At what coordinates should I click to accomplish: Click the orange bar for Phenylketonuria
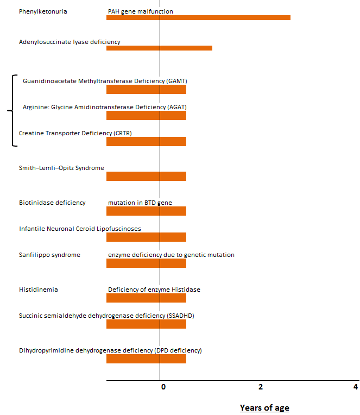point(198,17)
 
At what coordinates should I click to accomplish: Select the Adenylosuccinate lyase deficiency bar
point(159,48)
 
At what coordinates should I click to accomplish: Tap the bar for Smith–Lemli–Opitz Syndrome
point(146,176)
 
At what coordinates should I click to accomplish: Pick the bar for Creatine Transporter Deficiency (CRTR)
point(146,141)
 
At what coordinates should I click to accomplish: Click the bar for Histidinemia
point(146,298)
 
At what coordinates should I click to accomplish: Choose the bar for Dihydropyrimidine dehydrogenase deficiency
point(146,359)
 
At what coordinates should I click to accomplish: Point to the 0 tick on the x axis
point(163,387)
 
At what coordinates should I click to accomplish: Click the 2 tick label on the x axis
point(261,387)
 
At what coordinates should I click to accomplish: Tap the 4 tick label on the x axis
point(356,387)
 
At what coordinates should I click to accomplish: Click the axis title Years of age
point(264,408)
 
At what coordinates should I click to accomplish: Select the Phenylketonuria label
point(43,11)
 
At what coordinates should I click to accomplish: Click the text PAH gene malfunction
point(141,11)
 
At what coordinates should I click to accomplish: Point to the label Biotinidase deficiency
point(52,203)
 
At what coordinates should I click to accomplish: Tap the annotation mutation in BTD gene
point(140,203)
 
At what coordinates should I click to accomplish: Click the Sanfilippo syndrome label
point(49,255)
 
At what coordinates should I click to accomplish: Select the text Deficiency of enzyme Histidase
point(154,290)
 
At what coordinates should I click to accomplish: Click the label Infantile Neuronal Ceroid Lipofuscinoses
point(80,229)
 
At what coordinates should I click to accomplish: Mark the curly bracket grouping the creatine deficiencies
point(12,111)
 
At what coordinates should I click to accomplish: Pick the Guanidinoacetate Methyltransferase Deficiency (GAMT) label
point(105,81)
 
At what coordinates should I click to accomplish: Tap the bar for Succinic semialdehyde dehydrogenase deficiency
point(146,324)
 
